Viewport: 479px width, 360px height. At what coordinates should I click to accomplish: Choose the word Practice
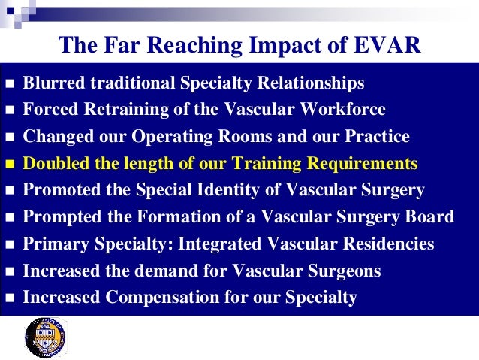(375, 137)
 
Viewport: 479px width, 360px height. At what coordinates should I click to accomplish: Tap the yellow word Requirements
(356, 163)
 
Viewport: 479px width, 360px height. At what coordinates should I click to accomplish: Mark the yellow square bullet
(10, 164)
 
